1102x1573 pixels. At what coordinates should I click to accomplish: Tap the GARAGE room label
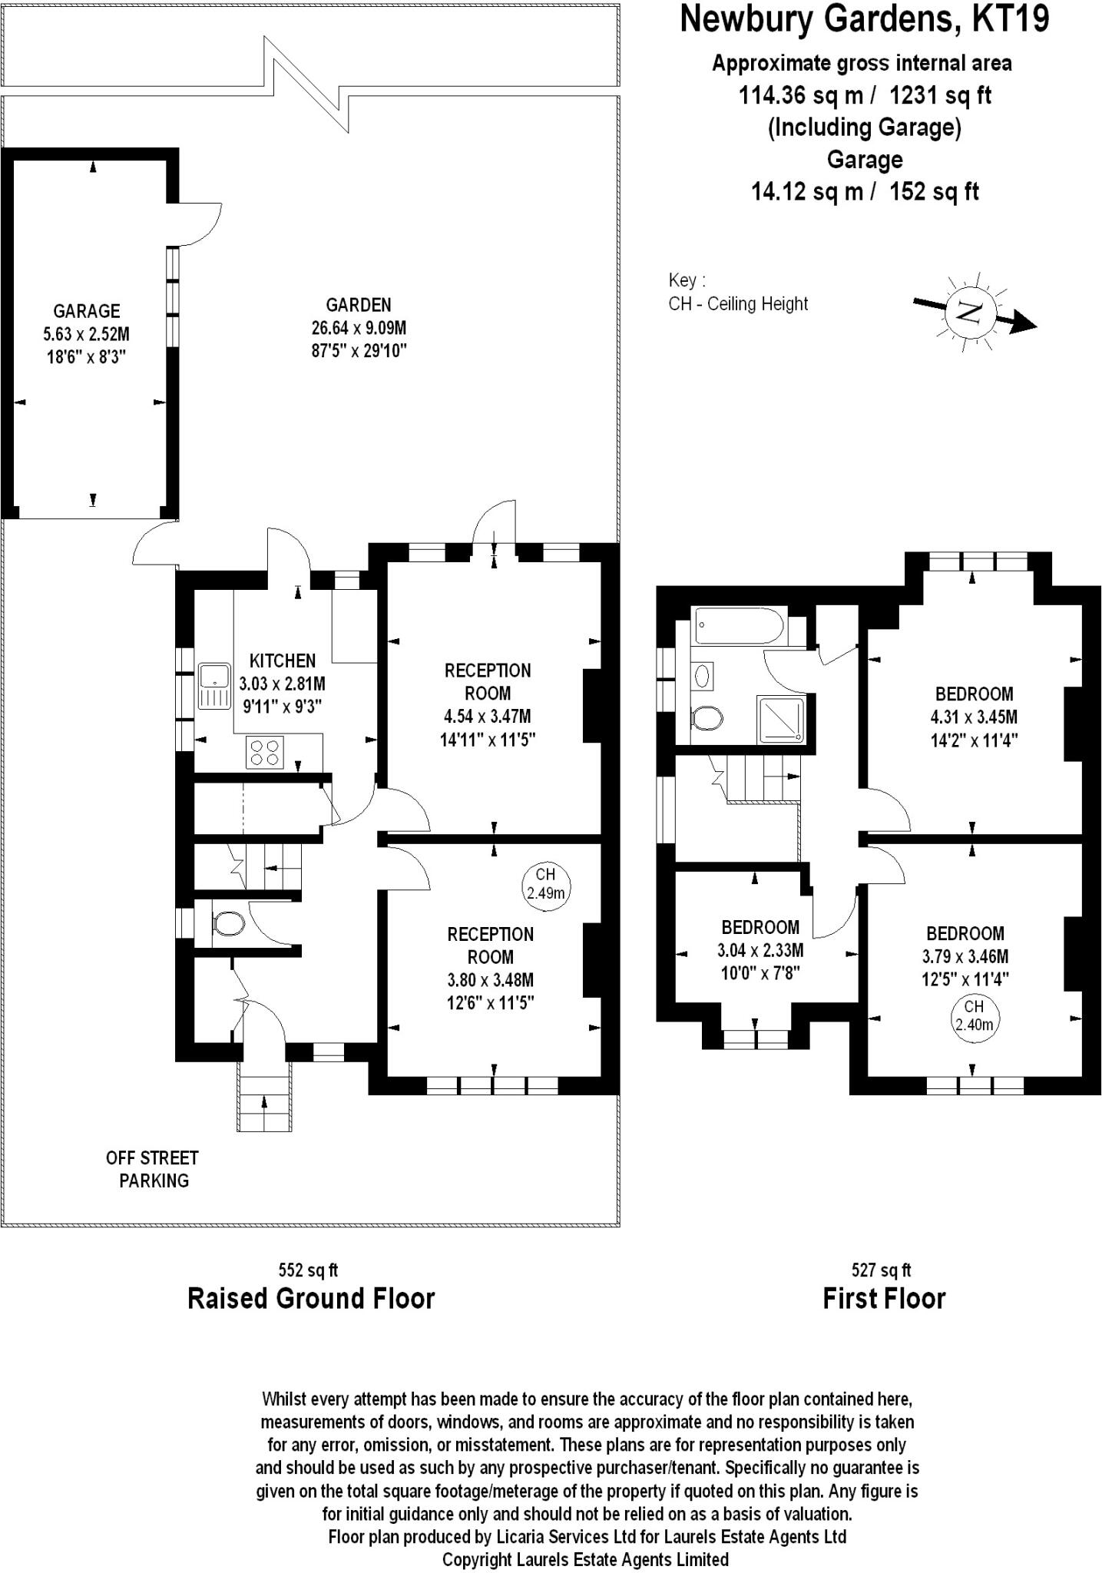tap(87, 311)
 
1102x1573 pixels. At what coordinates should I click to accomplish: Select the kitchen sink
tap(214, 686)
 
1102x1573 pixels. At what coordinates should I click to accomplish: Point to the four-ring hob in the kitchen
tap(265, 752)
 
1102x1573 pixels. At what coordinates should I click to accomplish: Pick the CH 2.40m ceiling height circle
tap(974, 1016)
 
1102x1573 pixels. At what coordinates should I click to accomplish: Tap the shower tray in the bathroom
tap(782, 719)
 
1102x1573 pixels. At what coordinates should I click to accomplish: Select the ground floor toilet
tap(227, 922)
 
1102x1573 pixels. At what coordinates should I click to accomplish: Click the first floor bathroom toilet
tap(707, 719)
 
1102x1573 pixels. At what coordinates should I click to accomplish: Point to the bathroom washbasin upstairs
tap(703, 676)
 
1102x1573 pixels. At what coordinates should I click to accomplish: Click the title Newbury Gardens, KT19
tap(864, 19)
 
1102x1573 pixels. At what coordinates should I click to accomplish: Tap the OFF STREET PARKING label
tap(153, 1169)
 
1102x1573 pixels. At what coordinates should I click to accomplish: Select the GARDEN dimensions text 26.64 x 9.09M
tap(359, 328)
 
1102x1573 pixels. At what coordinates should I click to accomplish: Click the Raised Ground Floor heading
tap(311, 1298)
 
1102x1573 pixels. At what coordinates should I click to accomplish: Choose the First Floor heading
tap(884, 1298)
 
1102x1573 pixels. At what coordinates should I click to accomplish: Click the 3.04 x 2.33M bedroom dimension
tap(760, 950)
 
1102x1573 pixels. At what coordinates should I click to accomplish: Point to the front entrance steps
tap(264, 1097)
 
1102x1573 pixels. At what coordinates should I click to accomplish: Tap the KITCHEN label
tap(283, 661)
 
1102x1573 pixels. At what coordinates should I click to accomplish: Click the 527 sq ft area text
tap(882, 1270)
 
